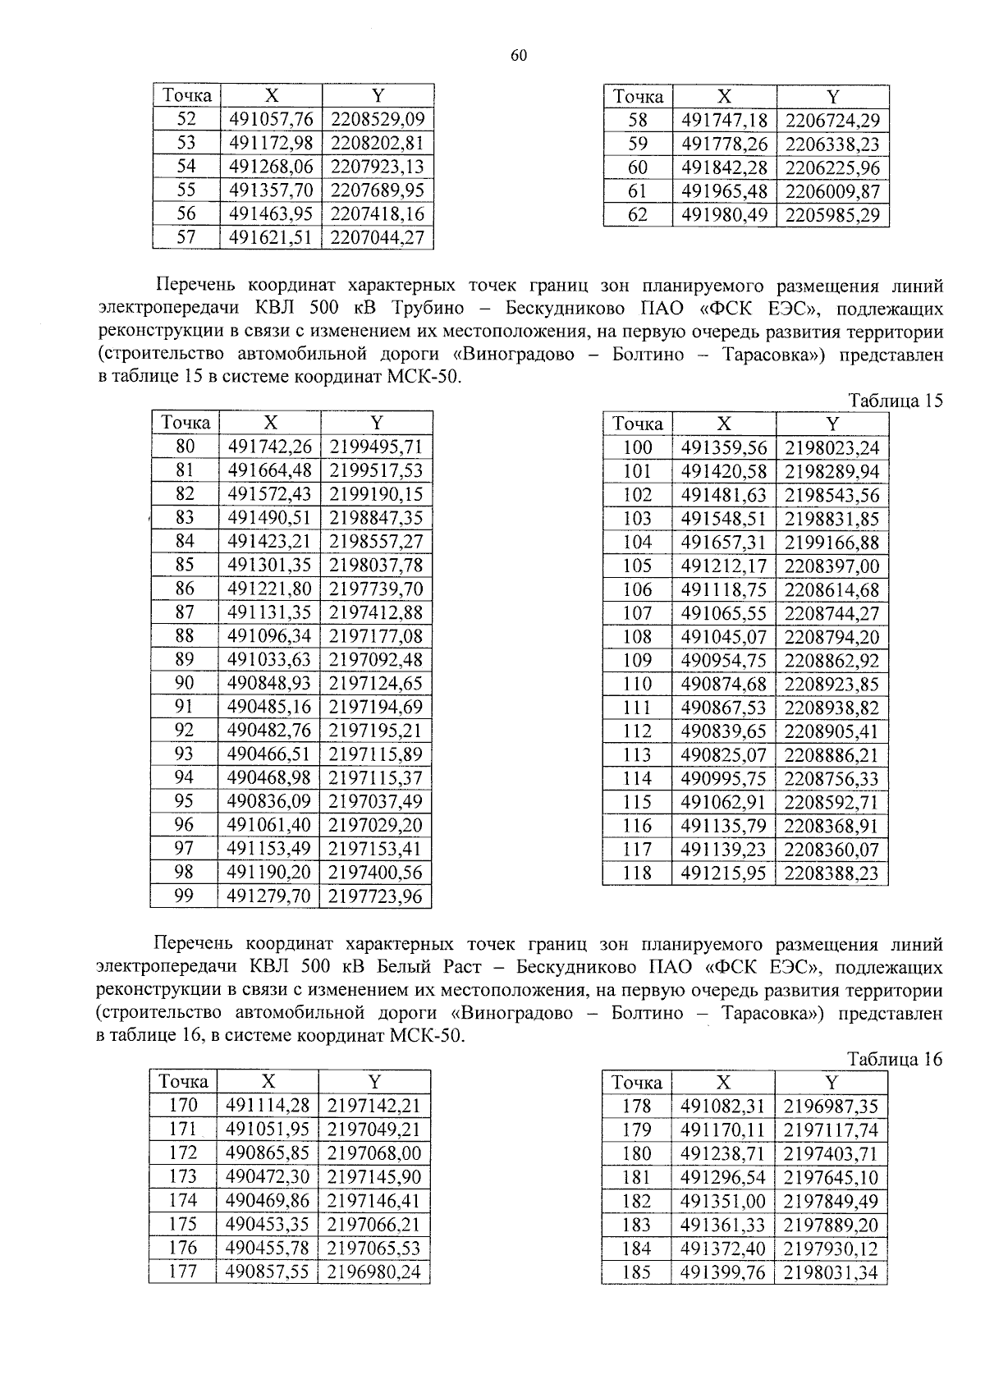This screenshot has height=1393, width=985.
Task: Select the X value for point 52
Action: [271, 120]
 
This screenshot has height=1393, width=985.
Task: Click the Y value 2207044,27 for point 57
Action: [377, 239]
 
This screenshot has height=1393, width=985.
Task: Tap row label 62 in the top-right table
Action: [638, 215]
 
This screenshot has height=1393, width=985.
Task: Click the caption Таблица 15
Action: [896, 401]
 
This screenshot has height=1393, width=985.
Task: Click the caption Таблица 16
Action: [896, 1060]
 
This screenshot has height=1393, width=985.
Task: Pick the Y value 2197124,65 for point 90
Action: [375, 684]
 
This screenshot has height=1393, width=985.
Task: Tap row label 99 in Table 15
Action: [185, 896]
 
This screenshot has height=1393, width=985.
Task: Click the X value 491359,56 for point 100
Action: [723, 448]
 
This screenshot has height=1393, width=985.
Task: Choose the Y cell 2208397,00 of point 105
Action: [832, 566]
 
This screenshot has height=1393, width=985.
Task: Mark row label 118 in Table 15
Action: [637, 873]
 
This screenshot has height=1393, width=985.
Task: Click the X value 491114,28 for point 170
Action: [268, 1106]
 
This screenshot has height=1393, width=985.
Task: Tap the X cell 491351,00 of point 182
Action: [722, 1202]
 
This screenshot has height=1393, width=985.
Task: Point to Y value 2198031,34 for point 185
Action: [831, 1273]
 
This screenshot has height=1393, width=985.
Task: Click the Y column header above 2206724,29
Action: [832, 97]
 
